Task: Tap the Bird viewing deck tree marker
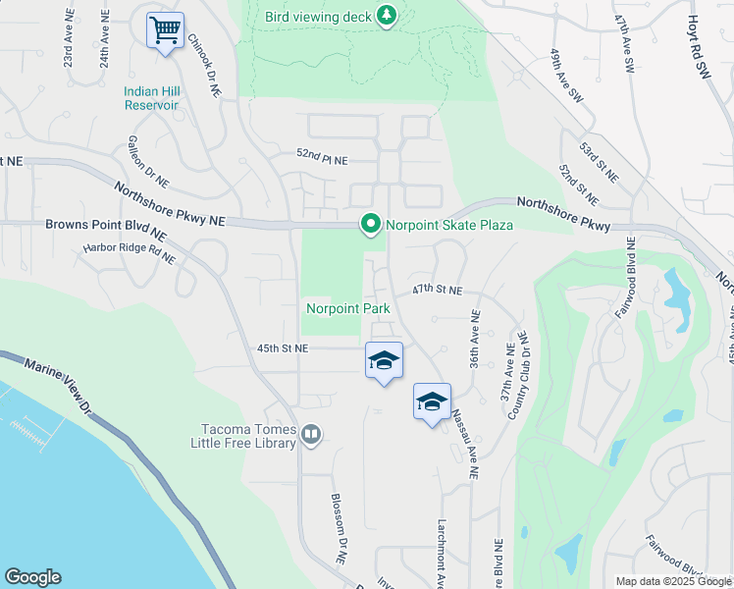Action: pos(388,15)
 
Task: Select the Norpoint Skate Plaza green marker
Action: pos(370,225)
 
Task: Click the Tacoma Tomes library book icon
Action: pos(311,434)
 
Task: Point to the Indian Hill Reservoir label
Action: pos(151,98)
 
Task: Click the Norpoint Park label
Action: pos(348,308)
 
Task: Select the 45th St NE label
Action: pos(283,348)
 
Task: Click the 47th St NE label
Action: pos(437,291)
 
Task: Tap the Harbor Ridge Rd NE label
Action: pos(130,253)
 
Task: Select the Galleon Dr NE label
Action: pos(147,161)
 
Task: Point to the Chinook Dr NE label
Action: pos(202,63)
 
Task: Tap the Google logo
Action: pos(32,577)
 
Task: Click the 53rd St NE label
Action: pos(599,161)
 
